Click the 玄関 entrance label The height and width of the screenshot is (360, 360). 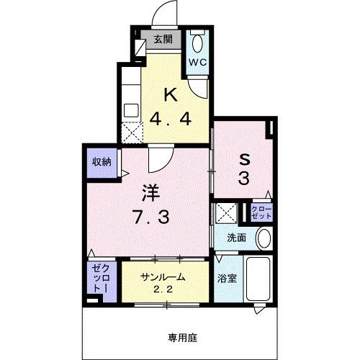coord(162,40)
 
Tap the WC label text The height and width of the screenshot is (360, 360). coord(198,62)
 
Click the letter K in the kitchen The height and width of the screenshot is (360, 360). coord(171,94)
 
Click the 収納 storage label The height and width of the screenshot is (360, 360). coord(101,162)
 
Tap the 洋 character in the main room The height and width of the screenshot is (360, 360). coord(149,192)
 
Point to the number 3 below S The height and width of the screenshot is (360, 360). coord(243,180)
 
